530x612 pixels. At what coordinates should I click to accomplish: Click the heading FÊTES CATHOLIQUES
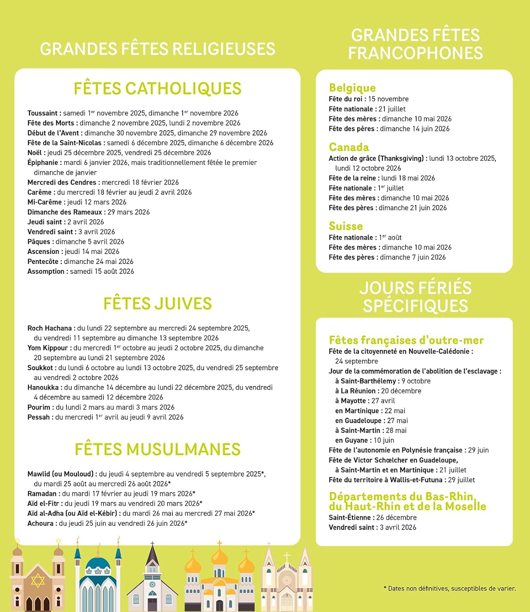157,89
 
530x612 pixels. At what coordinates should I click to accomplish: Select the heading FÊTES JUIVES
157,304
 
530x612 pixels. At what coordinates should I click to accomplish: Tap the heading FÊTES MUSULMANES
157,449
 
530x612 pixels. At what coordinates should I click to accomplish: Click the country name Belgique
352,88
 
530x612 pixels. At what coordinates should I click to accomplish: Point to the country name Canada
349,147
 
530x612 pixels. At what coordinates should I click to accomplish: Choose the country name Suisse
346,226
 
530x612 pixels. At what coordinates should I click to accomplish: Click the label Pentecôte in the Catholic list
44,262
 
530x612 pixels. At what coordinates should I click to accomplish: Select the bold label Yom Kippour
47,348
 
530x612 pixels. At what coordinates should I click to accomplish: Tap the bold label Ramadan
42,494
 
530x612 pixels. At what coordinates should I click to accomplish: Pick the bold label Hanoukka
44,388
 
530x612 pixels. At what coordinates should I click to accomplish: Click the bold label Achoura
40,523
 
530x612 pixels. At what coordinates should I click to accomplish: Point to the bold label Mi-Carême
44,202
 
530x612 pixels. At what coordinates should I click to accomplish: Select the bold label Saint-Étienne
349,517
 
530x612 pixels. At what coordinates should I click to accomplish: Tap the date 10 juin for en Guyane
384,440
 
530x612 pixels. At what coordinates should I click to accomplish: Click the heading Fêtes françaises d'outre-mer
406,340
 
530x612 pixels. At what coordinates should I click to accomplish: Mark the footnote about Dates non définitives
450,588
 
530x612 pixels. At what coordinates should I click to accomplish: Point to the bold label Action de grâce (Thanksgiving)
376,158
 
